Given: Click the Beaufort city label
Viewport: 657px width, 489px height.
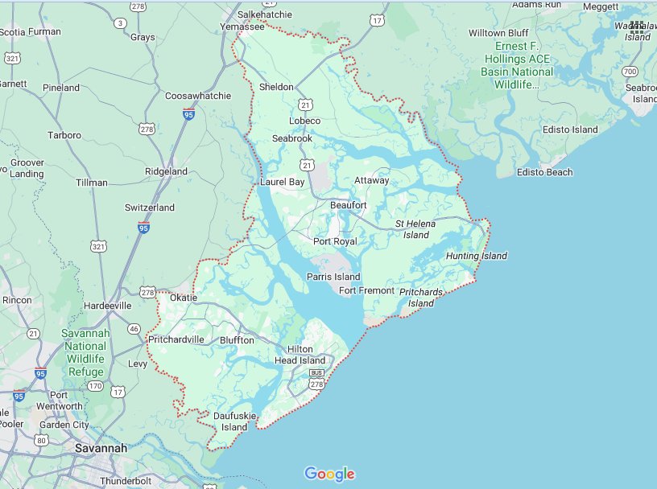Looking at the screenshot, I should pyautogui.click(x=349, y=205).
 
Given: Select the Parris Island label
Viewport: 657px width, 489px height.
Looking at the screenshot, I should pyautogui.click(x=333, y=277).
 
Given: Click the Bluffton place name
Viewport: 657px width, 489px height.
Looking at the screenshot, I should pyautogui.click(x=237, y=340).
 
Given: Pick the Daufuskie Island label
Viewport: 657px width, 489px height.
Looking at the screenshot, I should pyautogui.click(x=234, y=421).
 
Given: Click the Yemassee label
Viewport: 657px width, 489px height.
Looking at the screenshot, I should pyautogui.click(x=242, y=27).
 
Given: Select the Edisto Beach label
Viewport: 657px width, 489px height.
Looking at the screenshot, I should pyautogui.click(x=545, y=172).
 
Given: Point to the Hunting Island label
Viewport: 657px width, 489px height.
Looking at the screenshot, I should pyautogui.click(x=477, y=256).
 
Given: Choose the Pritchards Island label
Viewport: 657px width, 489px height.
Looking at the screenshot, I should pyautogui.click(x=420, y=297).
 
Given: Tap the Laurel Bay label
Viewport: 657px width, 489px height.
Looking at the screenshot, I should pyautogui.click(x=282, y=183).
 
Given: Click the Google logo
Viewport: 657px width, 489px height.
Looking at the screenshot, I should pyautogui.click(x=329, y=474).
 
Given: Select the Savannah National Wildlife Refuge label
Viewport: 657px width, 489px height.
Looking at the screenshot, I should pyautogui.click(x=85, y=351).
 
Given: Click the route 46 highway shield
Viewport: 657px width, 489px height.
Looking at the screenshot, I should pyautogui.click(x=134, y=328).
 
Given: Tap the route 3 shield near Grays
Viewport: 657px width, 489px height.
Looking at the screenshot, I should pyautogui.click(x=120, y=23).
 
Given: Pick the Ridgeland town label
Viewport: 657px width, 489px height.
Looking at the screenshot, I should pyautogui.click(x=166, y=171).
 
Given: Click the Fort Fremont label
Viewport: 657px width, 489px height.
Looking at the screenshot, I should pyautogui.click(x=367, y=290).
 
